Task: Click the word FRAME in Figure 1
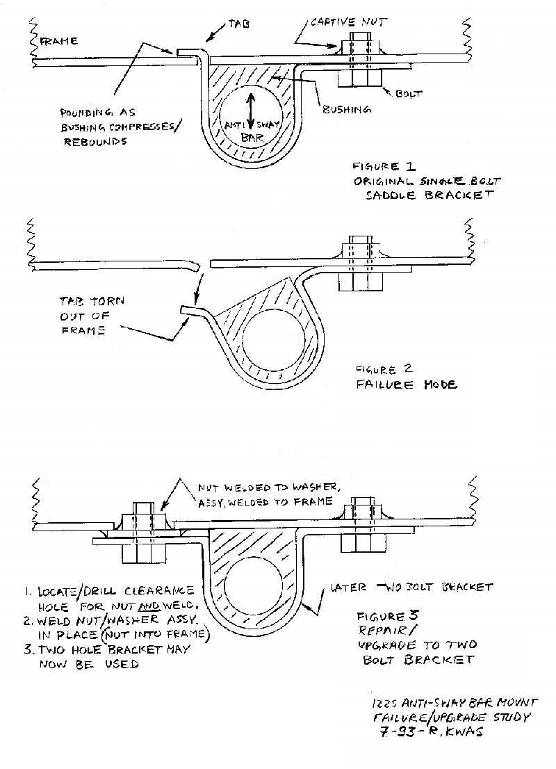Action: point(58,42)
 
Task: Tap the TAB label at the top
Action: point(236,23)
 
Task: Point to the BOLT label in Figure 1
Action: point(409,92)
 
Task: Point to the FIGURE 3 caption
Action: point(380,617)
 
